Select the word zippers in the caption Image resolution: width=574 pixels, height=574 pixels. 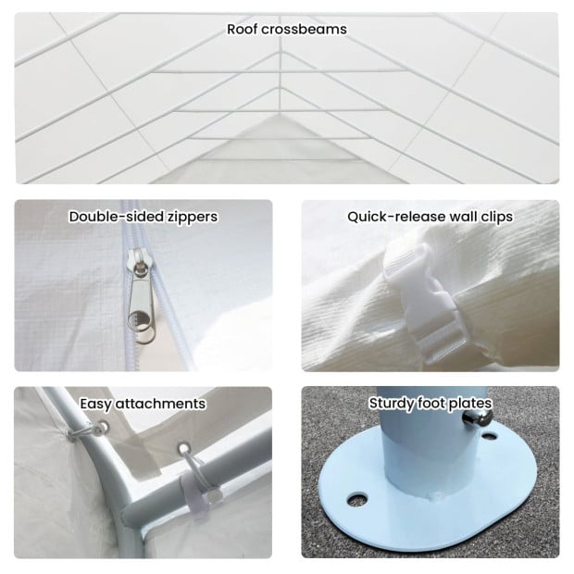193,218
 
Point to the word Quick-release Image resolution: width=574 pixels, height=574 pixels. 396,217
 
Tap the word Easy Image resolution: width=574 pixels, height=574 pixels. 96,405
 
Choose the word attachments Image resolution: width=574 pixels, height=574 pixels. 161,404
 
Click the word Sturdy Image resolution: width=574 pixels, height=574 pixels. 392,404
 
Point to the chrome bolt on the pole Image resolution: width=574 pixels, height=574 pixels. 477,418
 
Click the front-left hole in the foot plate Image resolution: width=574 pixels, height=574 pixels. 357,499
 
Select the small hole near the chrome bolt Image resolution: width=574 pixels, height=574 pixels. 489,436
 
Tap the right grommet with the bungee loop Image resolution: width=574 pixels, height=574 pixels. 183,449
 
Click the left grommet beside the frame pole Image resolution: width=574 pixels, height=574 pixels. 103,427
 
